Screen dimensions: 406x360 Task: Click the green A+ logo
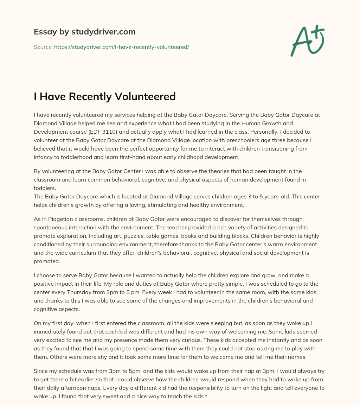click(307, 40)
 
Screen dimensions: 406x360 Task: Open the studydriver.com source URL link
click(121, 47)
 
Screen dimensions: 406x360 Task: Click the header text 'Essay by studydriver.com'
click(84, 32)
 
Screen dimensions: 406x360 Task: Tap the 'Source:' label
click(43, 47)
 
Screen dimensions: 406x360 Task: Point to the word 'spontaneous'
click(50, 227)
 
